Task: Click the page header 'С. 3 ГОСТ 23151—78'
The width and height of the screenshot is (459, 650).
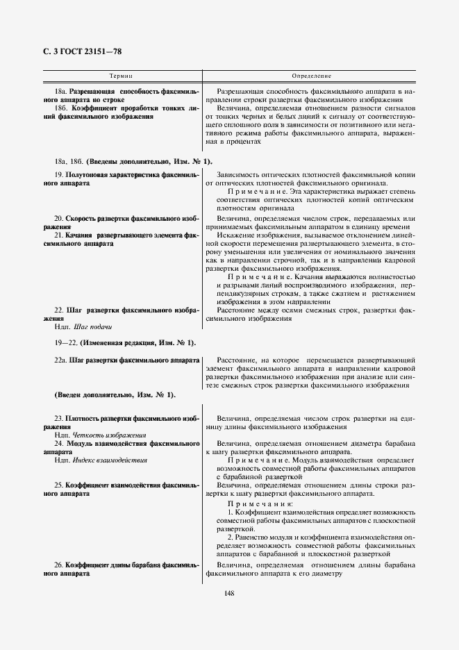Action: (x=74, y=51)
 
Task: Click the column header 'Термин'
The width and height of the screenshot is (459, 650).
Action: (x=122, y=75)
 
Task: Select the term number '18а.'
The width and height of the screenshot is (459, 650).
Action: (x=62, y=92)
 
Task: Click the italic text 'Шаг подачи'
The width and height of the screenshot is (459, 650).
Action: (x=91, y=326)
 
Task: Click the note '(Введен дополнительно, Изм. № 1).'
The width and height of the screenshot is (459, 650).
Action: (x=115, y=394)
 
